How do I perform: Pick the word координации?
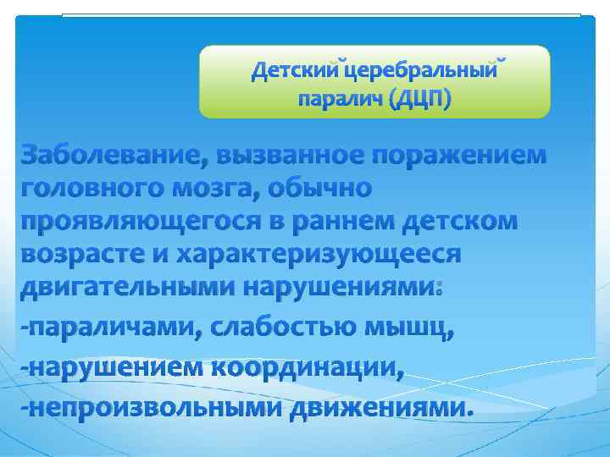tap(307, 367)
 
